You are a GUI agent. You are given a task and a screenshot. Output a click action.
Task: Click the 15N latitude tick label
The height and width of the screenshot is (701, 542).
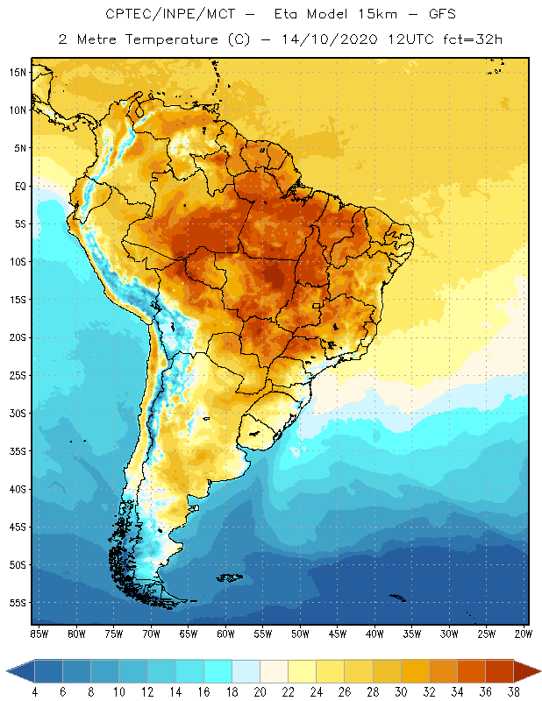[x=18, y=72]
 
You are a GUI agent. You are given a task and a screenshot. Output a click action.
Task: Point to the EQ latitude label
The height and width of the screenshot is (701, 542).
[x=18, y=186]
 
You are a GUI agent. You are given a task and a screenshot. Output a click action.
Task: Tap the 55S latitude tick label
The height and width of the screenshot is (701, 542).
[x=18, y=603]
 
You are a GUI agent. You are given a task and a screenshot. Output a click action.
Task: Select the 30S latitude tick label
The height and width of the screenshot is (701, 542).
[x=18, y=413]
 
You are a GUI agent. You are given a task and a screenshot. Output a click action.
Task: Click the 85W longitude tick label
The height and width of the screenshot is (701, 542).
[x=39, y=633]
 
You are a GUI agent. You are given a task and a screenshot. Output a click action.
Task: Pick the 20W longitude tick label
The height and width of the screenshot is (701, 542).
[x=523, y=633]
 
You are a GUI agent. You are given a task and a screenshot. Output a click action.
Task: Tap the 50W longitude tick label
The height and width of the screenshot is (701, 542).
[x=300, y=633]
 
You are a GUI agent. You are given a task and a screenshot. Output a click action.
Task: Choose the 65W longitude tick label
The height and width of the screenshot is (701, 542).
[x=189, y=633]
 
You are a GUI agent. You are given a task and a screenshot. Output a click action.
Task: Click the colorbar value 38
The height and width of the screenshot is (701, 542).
[x=514, y=691]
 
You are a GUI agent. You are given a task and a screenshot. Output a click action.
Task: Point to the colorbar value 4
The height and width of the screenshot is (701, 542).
[x=35, y=691]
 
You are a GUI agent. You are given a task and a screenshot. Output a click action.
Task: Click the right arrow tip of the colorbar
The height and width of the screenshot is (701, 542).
[x=539, y=671]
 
